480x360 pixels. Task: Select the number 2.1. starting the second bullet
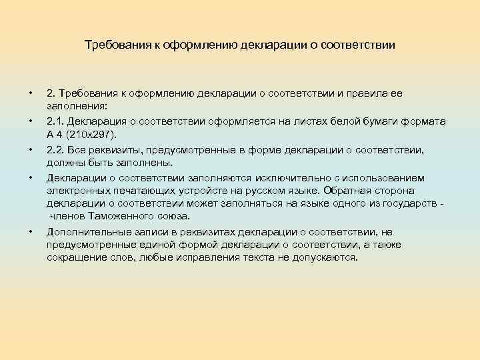tap(55, 121)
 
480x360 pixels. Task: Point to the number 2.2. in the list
tap(55, 150)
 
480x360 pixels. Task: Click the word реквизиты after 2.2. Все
tap(122, 150)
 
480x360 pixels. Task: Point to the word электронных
tap(75, 190)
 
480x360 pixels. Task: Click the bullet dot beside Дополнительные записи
tap(31, 232)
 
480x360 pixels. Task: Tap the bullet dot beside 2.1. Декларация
tap(31, 121)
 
